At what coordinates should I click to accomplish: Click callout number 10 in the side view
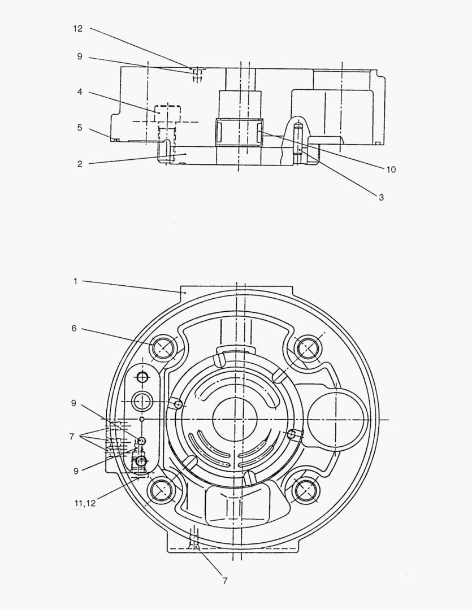point(391,169)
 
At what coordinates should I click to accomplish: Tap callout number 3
point(381,197)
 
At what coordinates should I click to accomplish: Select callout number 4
point(80,92)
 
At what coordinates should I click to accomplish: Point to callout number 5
point(80,128)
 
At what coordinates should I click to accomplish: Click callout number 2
point(80,164)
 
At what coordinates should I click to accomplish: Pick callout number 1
point(76,281)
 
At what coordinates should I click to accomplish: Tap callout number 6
point(74,328)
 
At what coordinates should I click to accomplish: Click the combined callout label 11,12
point(85,503)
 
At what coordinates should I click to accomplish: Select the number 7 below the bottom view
point(225,581)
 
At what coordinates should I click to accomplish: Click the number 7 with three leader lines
point(72,437)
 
